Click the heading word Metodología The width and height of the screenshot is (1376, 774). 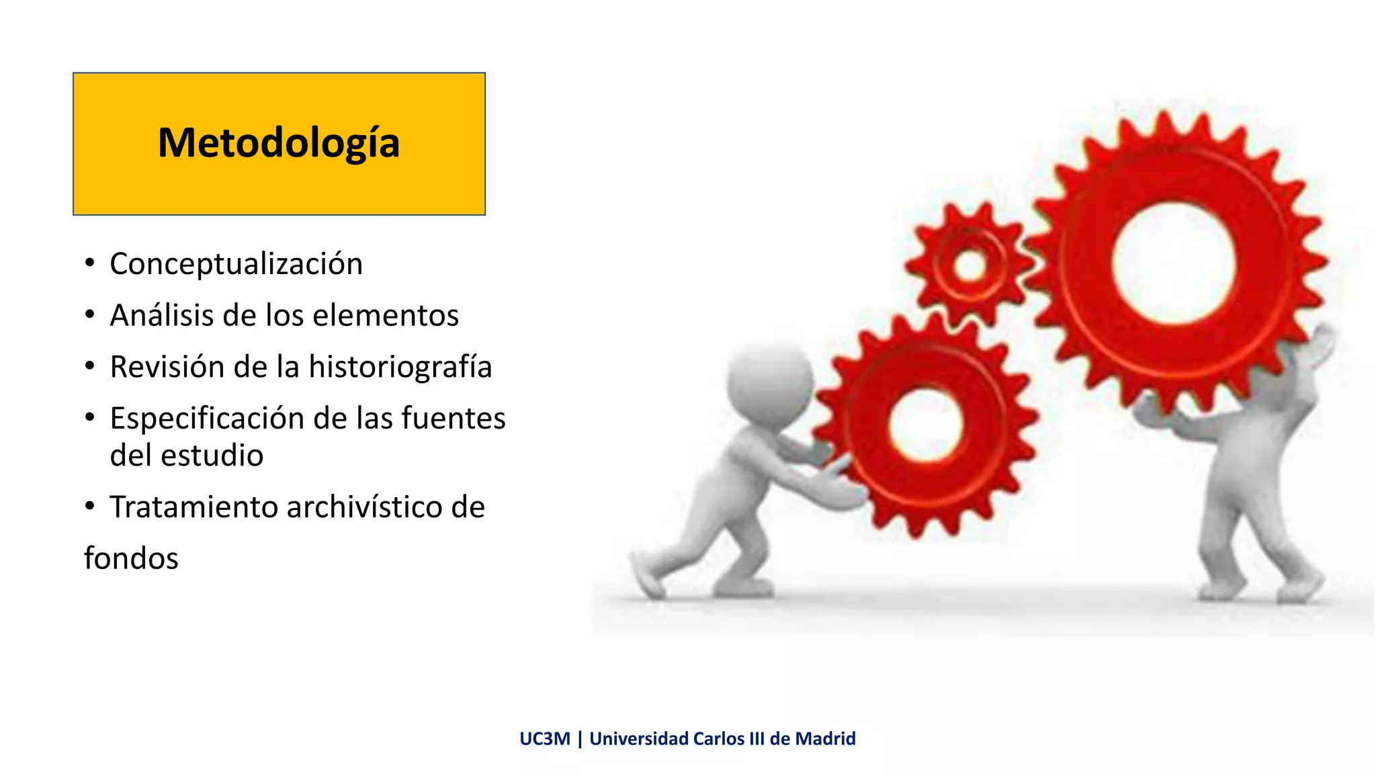279,143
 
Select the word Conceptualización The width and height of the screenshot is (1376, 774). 236,264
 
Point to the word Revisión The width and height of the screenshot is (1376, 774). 166,367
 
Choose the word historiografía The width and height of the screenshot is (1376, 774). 400,367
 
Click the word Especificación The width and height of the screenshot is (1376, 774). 206,419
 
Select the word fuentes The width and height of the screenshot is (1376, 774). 454,419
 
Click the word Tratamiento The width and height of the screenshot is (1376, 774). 193,507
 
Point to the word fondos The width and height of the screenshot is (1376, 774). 131,558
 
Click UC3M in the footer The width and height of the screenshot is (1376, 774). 544,738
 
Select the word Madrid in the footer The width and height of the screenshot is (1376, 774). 825,738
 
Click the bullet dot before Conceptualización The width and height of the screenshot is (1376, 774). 90,263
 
